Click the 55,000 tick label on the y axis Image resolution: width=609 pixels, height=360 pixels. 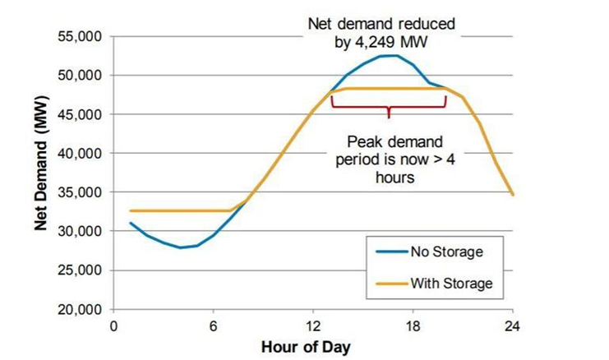(x=79, y=36)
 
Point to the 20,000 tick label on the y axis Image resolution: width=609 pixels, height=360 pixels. (x=79, y=310)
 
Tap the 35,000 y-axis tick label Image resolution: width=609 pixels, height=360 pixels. (x=79, y=192)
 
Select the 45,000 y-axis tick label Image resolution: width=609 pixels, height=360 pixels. (x=79, y=114)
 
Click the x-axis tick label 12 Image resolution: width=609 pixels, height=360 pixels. (x=312, y=325)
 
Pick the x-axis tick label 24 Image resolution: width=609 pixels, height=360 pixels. (x=513, y=325)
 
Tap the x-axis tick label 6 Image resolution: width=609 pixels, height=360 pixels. (x=213, y=325)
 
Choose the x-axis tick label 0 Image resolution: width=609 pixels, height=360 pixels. (x=113, y=325)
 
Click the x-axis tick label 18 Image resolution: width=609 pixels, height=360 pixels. (x=413, y=325)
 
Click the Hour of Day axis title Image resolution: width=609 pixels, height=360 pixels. (x=306, y=347)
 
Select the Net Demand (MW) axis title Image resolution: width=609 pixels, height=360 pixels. (x=41, y=173)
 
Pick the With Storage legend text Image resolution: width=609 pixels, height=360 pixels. (x=452, y=283)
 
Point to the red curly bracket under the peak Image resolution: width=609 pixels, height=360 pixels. (x=388, y=105)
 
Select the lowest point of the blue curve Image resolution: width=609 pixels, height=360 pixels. (x=181, y=247)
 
